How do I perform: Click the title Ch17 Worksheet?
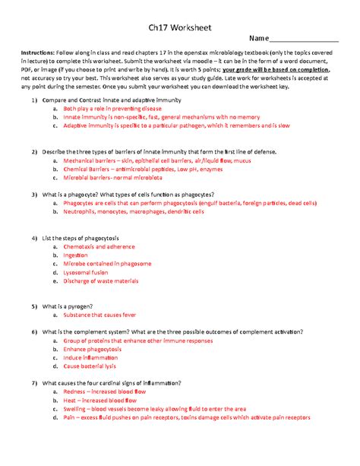(x=179, y=27)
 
